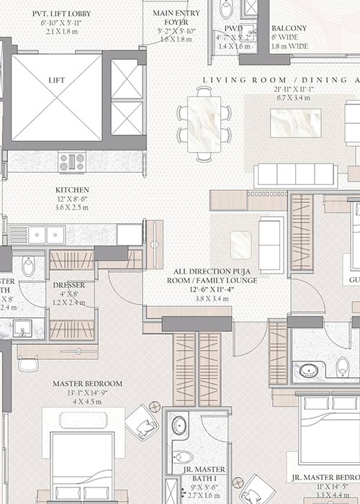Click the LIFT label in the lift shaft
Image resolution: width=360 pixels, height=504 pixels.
click(x=56, y=81)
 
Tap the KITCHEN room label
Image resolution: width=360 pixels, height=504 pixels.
click(x=72, y=190)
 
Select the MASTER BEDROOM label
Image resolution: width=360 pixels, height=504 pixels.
click(x=87, y=384)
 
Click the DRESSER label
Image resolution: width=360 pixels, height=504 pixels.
click(x=69, y=285)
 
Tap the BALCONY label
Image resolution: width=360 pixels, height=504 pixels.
click(x=289, y=28)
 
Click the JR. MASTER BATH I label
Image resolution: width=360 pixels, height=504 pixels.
click(x=204, y=470)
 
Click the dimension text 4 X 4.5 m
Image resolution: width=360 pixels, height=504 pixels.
click(x=87, y=402)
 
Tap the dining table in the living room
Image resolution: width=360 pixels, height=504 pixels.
click(x=204, y=124)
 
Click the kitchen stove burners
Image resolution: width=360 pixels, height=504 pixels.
click(x=72, y=161)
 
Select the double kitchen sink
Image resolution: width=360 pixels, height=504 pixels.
click(x=47, y=235)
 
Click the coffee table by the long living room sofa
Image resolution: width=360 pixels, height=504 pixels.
click(x=295, y=122)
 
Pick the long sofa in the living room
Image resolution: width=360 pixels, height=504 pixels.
click(x=295, y=175)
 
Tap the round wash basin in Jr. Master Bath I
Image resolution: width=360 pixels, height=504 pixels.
click(x=179, y=426)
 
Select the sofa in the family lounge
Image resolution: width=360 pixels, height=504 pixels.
click(x=271, y=245)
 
